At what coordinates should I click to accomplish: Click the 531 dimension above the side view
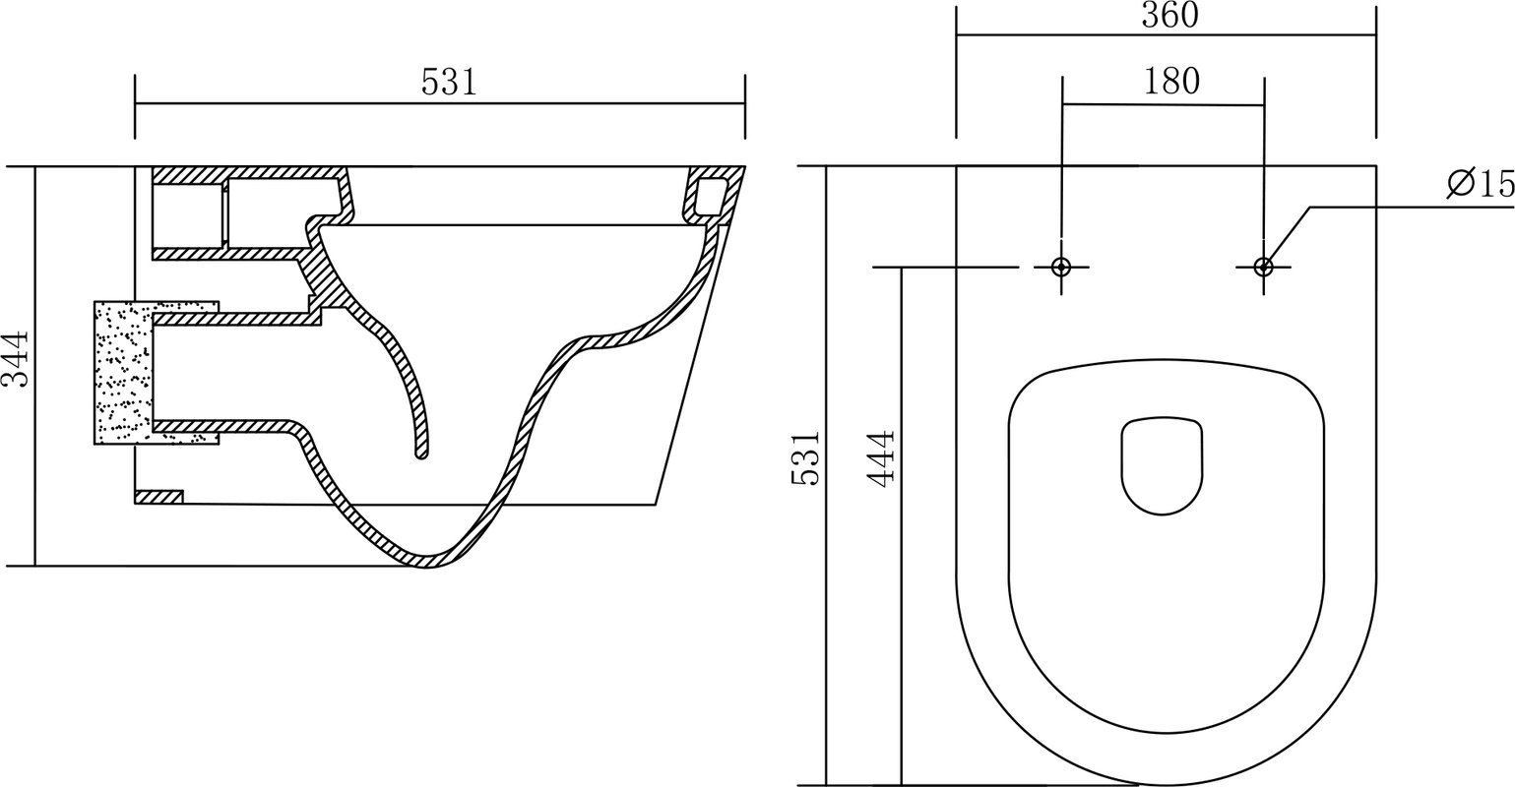(x=449, y=83)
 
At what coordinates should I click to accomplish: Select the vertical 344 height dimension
(x=15, y=358)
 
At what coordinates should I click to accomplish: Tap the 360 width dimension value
(x=1170, y=16)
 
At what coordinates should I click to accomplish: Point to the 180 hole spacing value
(x=1172, y=81)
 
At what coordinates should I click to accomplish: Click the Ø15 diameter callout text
(x=1481, y=184)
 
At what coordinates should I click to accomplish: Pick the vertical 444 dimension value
(x=881, y=458)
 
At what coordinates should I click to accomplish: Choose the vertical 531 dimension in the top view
(x=805, y=457)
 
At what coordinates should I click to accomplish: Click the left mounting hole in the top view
(x=1061, y=267)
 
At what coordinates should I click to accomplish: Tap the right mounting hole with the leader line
(x=1263, y=267)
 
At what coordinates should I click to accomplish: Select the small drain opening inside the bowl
(x=1162, y=465)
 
